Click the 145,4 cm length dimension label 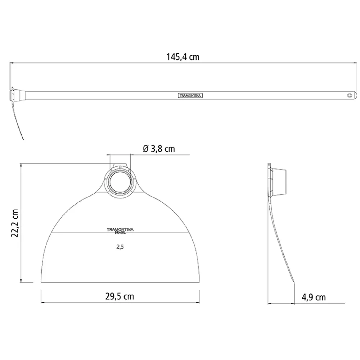coord(183,57)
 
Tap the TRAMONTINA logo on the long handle coord(190,95)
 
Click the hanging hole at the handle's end coord(350,95)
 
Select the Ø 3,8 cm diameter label coord(159,149)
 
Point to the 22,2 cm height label coord(15,223)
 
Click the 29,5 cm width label coord(120,296)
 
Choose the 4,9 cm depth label coord(314,297)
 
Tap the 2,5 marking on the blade coord(120,247)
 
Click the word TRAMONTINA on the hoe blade coord(120,229)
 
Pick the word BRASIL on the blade coord(120,233)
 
